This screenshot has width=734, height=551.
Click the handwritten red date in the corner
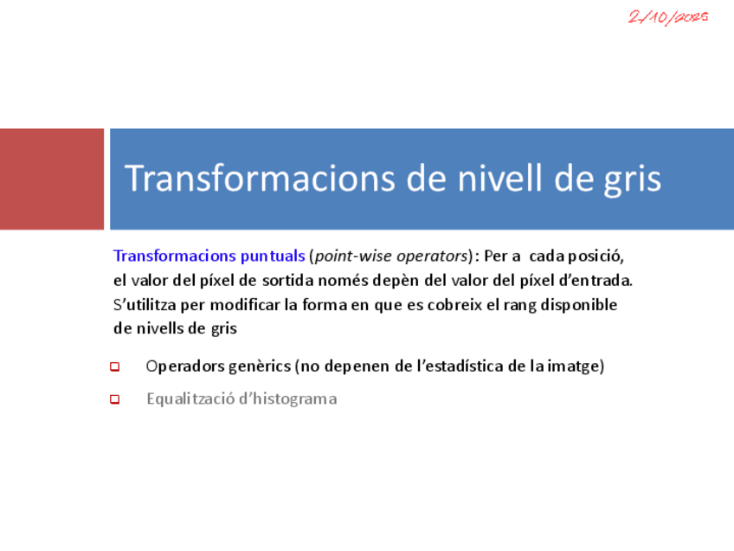[668, 17]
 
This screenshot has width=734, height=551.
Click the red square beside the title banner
[52, 179]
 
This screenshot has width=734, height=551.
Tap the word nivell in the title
[499, 178]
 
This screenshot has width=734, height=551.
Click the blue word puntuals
[273, 256]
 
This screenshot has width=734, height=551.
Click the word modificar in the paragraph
[245, 305]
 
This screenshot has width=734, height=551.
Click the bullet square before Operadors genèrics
[114, 366]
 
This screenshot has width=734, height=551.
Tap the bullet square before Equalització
[114, 399]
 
